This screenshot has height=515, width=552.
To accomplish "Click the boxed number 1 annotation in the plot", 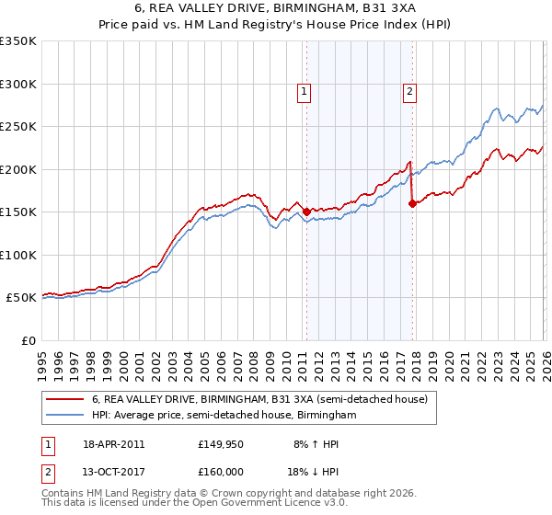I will tap(304, 90).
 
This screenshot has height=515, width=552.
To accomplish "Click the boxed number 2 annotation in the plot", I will tap(409, 90).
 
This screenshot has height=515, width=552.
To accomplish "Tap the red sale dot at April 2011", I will tap(306, 212).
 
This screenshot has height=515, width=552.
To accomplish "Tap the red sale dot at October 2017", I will tap(412, 203).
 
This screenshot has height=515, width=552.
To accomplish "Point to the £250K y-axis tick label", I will tap(18, 127).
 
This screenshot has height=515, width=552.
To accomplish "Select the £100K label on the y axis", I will tap(18, 255).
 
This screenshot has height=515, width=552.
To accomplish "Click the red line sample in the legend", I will tap(64, 400).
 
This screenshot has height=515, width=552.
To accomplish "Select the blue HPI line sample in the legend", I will tap(64, 416).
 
